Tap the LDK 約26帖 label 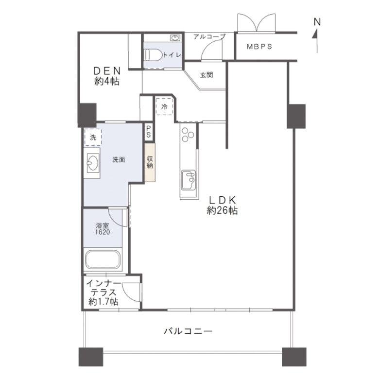click(223, 206)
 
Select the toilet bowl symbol click(153, 55)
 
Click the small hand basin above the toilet click(175, 38)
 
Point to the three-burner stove click(188, 135)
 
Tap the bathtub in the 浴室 click(103, 259)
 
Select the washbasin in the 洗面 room click(93, 162)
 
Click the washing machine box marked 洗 click(93, 138)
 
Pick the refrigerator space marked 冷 click(164, 106)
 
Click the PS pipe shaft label click(148, 132)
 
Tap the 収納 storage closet click(150, 162)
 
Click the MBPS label click(259, 47)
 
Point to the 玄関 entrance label click(207, 75)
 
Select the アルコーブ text click(209, 37)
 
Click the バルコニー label click(189, 331)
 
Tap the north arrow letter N click(317, 22)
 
